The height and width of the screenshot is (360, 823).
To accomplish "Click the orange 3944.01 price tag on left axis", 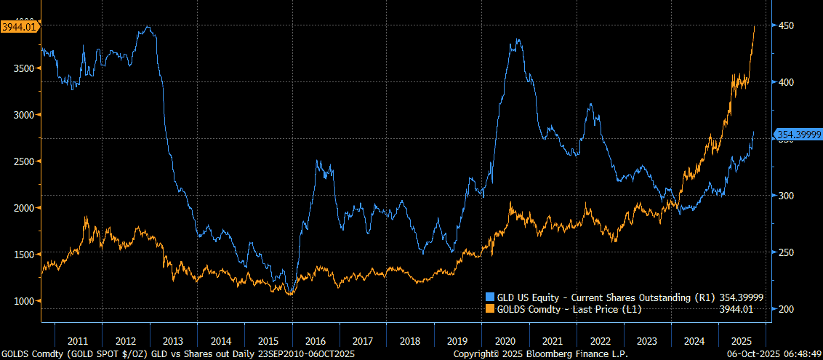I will click(20, 27).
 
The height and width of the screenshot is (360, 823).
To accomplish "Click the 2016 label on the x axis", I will click(315, 340).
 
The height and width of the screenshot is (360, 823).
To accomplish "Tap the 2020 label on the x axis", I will click(505, 340).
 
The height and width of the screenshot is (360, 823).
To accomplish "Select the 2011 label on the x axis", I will click(78, 340).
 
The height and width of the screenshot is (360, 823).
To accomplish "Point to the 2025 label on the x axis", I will click(740, 340).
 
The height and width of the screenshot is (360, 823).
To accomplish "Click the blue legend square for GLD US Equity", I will click(489, 297).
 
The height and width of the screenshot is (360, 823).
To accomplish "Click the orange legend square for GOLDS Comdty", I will click(489, 309).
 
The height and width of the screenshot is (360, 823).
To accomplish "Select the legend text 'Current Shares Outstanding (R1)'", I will click(641, 297).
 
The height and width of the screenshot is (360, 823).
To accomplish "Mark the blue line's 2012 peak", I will click(148, 28).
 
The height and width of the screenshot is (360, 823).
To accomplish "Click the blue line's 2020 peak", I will click(518, 40).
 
